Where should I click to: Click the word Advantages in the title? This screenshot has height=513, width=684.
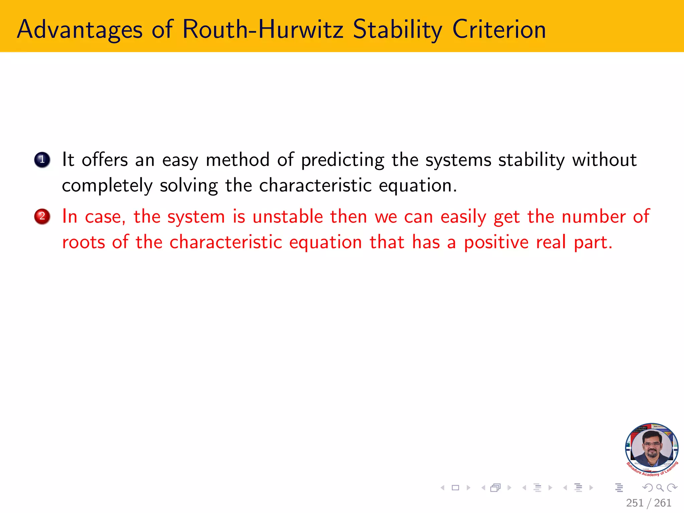(79, 30)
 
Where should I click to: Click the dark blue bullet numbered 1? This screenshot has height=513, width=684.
(42, 160)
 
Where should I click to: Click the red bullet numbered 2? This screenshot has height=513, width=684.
(42, 216)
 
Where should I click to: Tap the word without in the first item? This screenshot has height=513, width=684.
(604, 160)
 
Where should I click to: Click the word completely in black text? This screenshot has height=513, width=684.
(107, 186)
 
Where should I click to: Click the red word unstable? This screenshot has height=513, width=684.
(288, 216)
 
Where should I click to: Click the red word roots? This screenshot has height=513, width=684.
(83, 242)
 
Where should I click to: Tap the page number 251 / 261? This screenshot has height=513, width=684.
(648, 503)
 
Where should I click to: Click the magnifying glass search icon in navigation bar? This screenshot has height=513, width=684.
(660, 488)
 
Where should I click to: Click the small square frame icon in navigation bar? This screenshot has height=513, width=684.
(455, 488)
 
